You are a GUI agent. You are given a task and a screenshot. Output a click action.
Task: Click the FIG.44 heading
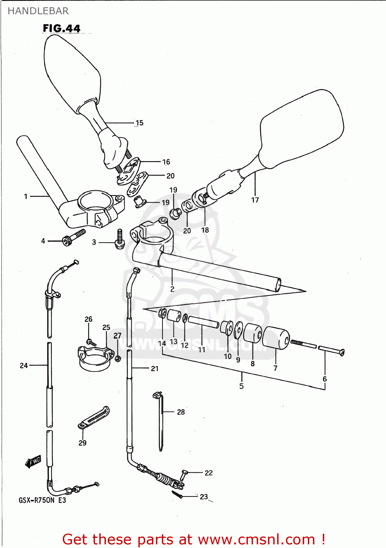[x=61, y=28]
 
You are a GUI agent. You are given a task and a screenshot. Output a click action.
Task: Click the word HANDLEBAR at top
[x=38, y=11]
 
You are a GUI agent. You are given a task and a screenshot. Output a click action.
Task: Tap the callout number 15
[x=140, y=123]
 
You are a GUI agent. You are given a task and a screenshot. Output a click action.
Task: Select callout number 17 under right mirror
[x=255, y=200]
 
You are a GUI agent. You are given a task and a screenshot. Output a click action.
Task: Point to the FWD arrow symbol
[x=33, y=462]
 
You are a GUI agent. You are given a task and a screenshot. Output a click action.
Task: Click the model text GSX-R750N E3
[x=42, y=500]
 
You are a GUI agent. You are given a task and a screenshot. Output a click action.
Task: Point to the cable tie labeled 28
[x=160, y=420]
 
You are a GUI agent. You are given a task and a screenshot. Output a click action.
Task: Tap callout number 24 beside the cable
[x=24, y=365]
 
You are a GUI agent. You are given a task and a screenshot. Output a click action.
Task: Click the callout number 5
[x=241, y=386]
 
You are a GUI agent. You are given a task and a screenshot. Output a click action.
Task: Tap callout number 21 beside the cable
[x=155, y=369]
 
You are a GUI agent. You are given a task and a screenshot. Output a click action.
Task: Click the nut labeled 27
[x=118, y=358]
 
